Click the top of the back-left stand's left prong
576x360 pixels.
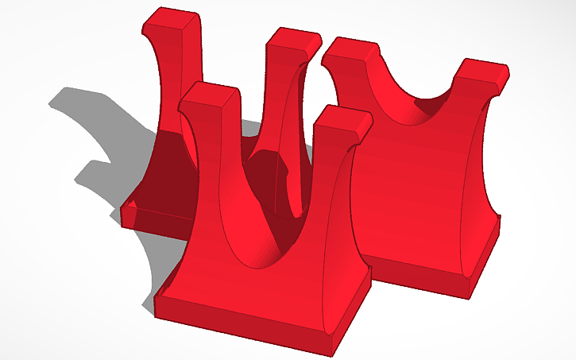(x=172, y=20)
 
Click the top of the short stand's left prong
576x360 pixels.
(x=349, y=52)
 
